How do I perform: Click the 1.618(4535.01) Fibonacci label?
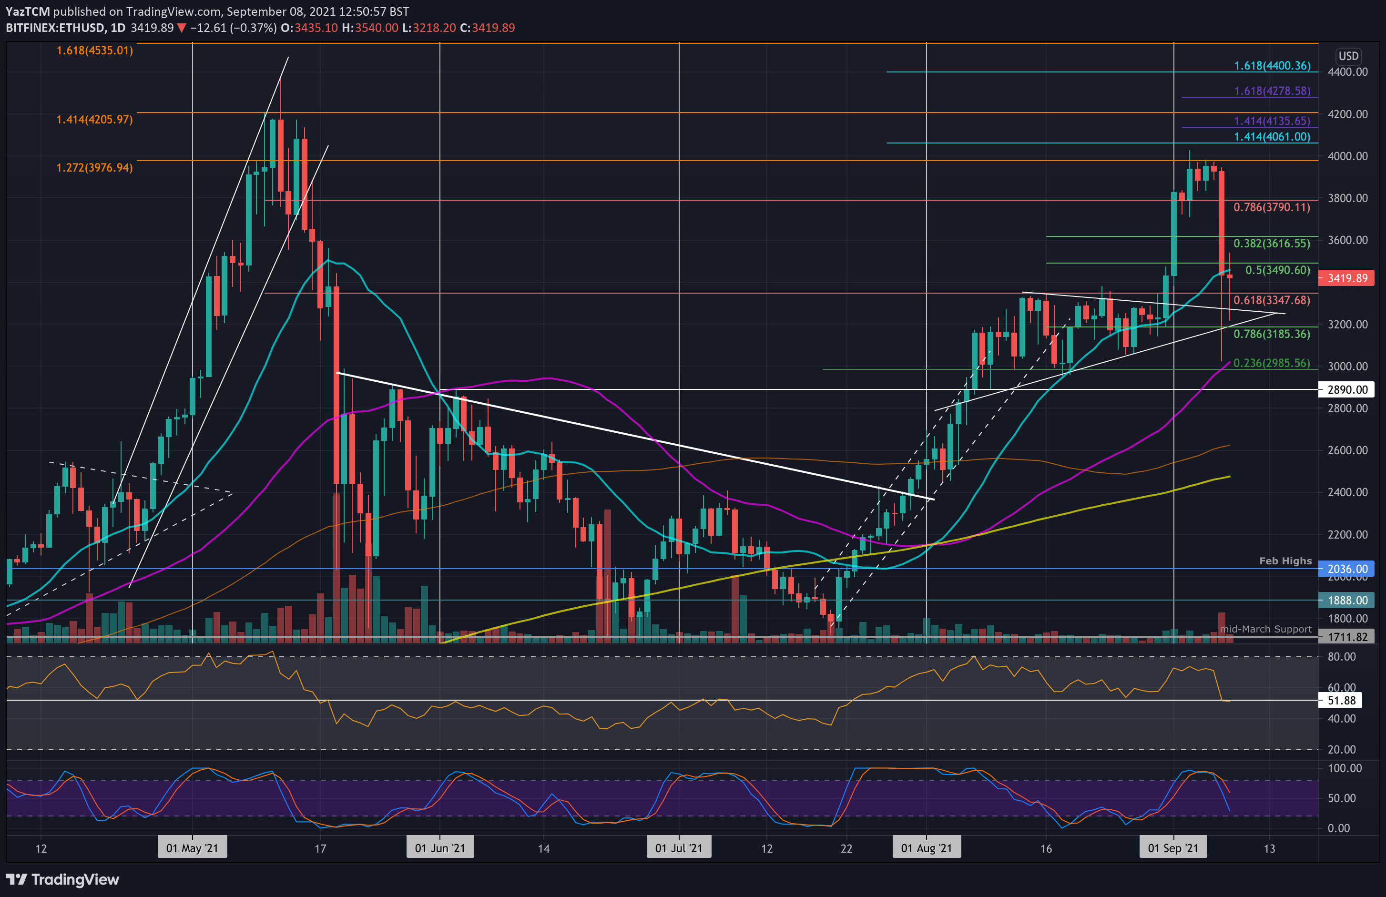coord(94,51)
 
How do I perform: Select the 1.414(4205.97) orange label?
coord(94,120)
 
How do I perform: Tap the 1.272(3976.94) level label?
coord(94,168)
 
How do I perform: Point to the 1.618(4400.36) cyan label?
coord(1272,66)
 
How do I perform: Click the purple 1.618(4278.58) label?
coord(1272,91)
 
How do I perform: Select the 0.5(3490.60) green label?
coord(1277,270)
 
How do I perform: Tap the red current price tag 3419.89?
coord(1346,278)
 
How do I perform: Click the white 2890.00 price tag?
coord(1346,390)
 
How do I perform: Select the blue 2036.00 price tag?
coord(1346,569)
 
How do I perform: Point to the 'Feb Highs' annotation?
coord(1285,561)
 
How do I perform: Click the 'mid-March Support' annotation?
coord(1265,629)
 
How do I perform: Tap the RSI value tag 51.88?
coord(1341,701)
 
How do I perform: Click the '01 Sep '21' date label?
coord(1173,848)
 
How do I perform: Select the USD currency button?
coord(1348,56)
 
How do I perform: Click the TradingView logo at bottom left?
coord(62,879)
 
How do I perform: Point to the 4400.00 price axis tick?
coord(1347,72)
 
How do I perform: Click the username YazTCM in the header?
coord(27,11)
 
